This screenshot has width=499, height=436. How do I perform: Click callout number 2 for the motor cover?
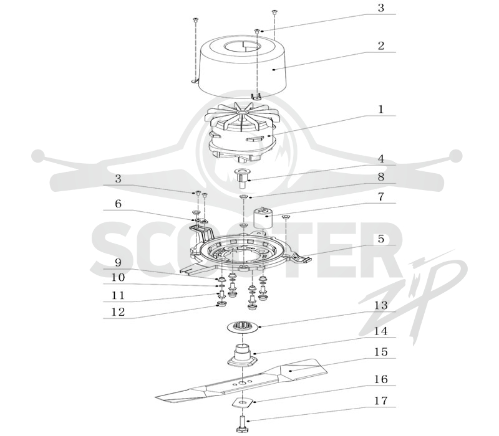point(380,46)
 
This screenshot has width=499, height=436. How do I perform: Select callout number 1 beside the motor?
point(380,110)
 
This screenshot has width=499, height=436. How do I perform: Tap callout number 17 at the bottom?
point(380,400)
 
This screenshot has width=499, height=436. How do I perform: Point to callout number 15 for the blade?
point(380,352)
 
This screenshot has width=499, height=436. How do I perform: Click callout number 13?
point(380,305)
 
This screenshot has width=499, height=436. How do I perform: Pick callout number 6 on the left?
point(118,204)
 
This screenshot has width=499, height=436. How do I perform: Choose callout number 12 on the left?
point(118,312)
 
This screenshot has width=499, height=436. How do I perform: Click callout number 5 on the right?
point(381,239)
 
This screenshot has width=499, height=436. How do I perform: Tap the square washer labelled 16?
point(243,402)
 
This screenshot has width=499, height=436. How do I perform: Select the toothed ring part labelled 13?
point(243,326)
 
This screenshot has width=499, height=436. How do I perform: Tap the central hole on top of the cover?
point(242,47)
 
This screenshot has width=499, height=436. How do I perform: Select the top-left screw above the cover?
point(195,20)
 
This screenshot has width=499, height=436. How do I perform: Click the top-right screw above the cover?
point(274,12)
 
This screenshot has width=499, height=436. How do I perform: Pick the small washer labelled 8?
point(243,197)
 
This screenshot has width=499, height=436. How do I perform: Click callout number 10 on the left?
point(118,277)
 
